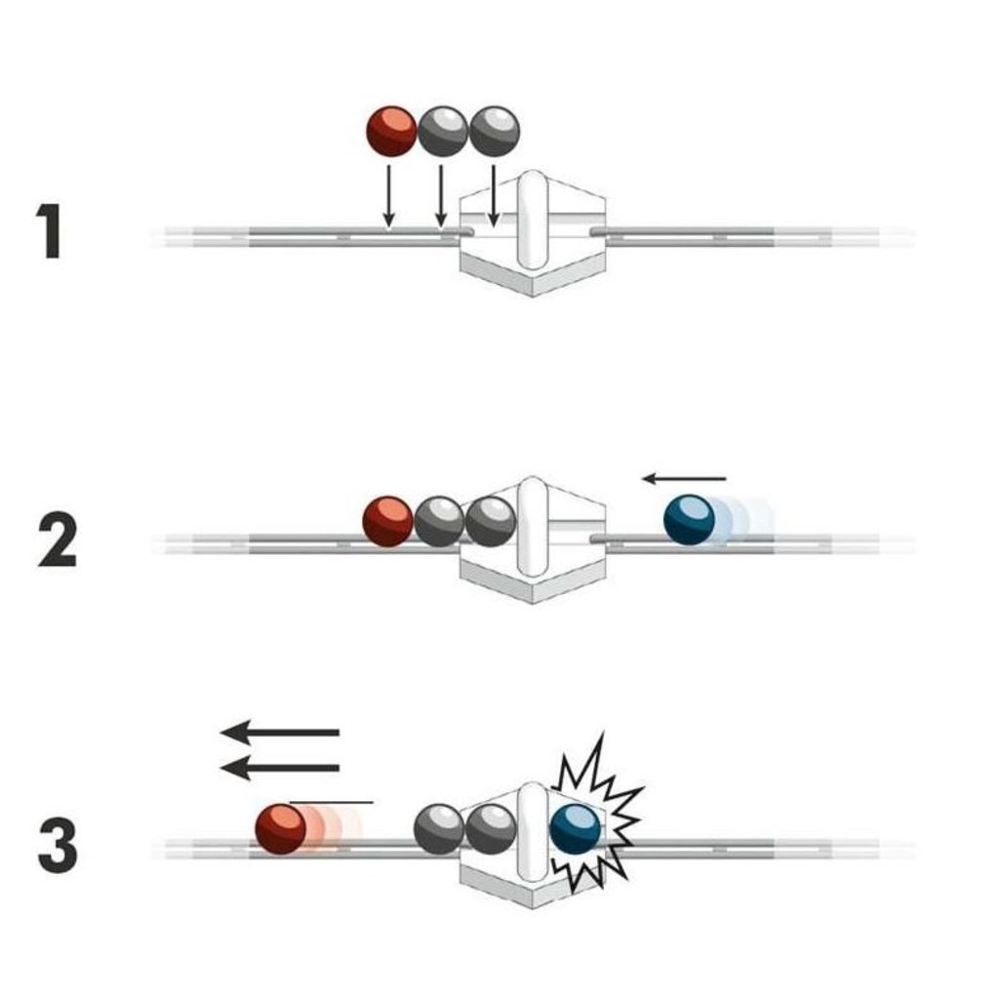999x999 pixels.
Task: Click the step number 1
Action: [x=49, y=231]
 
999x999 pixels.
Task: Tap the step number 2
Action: [x=58, y=540]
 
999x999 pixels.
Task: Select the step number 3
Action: [x=58, y=846]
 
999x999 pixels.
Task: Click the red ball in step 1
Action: [x=392, y=132]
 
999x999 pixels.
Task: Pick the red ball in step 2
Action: [x=388, y=521]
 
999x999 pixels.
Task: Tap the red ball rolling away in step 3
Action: [x=281, y=828]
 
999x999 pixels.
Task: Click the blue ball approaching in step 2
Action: [x=690, y=519]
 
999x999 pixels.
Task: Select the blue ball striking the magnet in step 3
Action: [x=576, y=829]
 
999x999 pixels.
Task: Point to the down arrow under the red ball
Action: [x=388, y=196]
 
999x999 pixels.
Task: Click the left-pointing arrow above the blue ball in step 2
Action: [x=684, y=478]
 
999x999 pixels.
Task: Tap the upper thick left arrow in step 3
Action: [x=280, y=732]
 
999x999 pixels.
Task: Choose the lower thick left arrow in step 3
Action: [x=280, y=768]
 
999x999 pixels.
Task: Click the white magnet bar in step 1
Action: [x=533, y=220]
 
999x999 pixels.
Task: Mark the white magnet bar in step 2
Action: [x=533, y=526]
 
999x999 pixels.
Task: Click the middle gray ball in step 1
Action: [x=443, y=132]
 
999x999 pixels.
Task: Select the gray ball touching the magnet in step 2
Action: [x=491, y=521]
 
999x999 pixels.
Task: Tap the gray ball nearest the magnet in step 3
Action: [x=491, y=828]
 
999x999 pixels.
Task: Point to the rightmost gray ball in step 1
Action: [x=495, y=132]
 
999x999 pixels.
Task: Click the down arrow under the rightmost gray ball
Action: [x=493, y=196]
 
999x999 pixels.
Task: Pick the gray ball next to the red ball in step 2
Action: [x=439, y=521]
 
